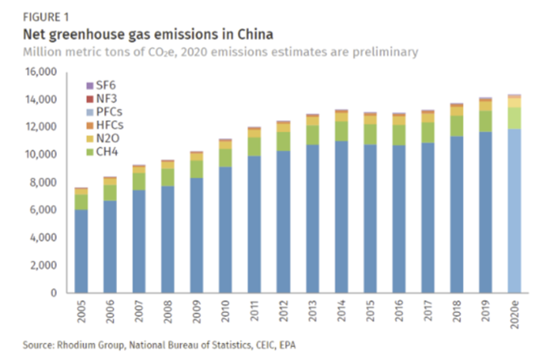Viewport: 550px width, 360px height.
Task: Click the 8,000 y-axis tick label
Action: pyautogui.click(x=47, y=183)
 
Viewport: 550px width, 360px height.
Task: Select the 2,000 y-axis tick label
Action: pyautogui.click(x=47, y=265)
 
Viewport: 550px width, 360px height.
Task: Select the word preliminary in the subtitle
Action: pyautogui.click(x=381, y=52)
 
